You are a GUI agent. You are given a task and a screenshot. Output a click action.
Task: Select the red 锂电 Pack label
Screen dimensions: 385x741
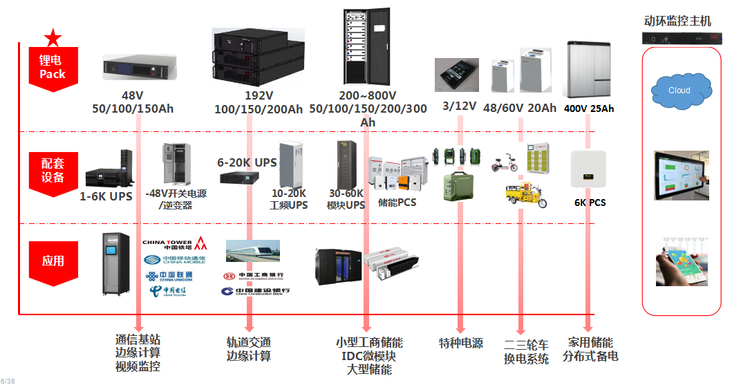(53, 68)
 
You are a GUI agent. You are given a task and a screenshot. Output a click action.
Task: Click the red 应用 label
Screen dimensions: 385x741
(53, 261)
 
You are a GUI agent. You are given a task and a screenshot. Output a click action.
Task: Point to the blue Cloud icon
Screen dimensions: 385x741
(680, 91)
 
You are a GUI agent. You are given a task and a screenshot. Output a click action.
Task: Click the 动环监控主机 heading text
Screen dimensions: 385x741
(677, 21)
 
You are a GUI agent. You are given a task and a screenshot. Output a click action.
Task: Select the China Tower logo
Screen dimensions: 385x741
(173, 243)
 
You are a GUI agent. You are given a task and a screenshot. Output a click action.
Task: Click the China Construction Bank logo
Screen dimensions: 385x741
(255, 292)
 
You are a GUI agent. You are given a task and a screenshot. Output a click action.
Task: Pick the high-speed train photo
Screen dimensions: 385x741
(253, 250)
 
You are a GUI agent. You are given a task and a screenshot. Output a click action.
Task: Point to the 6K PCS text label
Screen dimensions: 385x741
(590, 203)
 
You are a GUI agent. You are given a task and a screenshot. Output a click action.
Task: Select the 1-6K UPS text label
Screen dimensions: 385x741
(106, 196)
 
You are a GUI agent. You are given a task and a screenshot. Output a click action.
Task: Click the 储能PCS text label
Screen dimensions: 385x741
(397, 203)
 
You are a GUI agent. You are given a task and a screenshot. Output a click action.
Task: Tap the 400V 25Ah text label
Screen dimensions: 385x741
(589, 109)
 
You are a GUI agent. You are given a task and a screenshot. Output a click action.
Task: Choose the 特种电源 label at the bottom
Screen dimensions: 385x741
(461, 344)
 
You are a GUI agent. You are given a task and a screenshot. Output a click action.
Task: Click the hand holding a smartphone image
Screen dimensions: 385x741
(682, 262)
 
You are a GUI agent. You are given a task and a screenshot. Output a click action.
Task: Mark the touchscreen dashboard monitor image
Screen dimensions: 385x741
(682, 176)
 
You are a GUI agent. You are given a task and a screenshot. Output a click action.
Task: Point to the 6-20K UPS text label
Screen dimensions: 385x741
(247, 162)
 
